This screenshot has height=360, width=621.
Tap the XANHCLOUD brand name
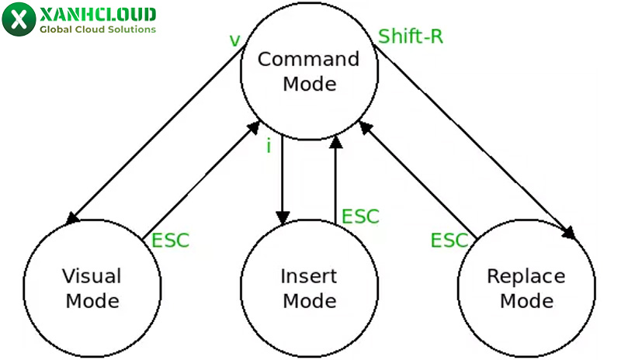point(97,15)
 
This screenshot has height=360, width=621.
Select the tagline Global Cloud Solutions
point(97,30)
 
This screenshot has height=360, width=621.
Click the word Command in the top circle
point(308,60)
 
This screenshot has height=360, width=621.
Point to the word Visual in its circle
point(92,276)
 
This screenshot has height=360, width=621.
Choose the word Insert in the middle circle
point(308,276)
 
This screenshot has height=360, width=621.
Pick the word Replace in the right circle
point(526,276)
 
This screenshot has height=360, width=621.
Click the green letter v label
point(234,40)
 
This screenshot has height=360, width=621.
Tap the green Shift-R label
point(411,36)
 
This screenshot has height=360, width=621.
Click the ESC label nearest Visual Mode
point(170,240)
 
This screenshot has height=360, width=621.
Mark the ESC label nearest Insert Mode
point(360,216)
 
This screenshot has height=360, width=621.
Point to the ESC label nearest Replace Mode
point(449,241)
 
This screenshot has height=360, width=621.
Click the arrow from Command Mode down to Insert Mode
point(283,178)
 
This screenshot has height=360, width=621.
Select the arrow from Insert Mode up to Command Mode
point(335,178)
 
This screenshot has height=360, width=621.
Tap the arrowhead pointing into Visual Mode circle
point(74,218)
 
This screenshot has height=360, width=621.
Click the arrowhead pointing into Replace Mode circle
point(570,233)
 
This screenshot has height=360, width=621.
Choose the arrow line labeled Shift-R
point(474,140)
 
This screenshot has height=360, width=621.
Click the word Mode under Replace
point(526,300)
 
